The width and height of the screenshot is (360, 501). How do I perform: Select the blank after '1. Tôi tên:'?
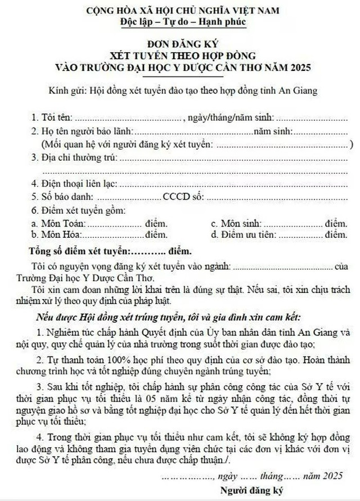tap(128, 118)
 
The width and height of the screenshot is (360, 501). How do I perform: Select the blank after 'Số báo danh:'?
tap(129, 197)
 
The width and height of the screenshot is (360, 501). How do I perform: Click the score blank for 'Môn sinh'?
tap(293, 223)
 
